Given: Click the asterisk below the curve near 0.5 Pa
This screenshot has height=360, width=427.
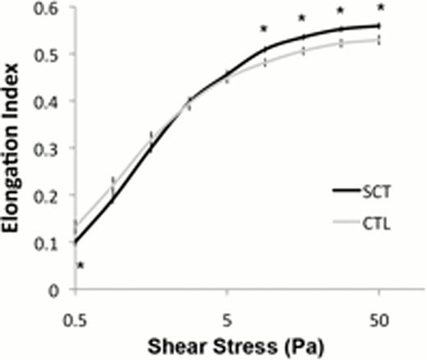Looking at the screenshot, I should point(80,265).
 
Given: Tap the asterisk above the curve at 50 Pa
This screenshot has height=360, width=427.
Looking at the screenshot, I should point(379,8).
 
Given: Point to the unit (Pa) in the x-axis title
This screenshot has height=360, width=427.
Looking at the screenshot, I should point(278,344).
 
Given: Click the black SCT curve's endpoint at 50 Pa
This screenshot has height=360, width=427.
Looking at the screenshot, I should point(379,25).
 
